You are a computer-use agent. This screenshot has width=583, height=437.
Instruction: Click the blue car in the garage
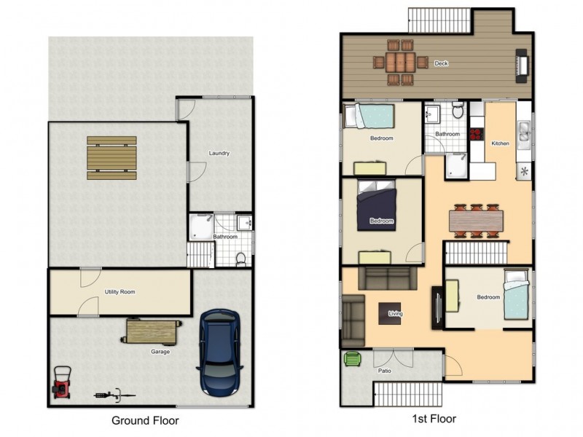click(219, 352)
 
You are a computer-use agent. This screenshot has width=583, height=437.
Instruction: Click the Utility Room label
click(119, 292)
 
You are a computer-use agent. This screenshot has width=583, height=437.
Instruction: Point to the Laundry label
click(219, 153)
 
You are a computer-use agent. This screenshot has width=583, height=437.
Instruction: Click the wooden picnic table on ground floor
click(111, 157)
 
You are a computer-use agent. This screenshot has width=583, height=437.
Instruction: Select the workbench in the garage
click(152, 332)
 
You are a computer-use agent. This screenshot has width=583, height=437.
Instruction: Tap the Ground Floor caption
click(144, 420)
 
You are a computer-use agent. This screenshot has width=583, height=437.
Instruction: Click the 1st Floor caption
click(435, 419)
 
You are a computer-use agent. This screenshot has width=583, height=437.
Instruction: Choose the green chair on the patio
click(352, 358)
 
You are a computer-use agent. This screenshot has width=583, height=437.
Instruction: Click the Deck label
click(441, 63)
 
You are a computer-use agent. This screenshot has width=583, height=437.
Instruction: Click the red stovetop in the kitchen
click(478, 134)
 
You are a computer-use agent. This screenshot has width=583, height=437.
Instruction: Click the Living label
click(396, 314)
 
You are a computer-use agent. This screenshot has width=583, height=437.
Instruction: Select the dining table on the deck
click(399, 60)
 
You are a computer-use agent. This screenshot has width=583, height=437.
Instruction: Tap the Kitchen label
click(500, 143)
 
